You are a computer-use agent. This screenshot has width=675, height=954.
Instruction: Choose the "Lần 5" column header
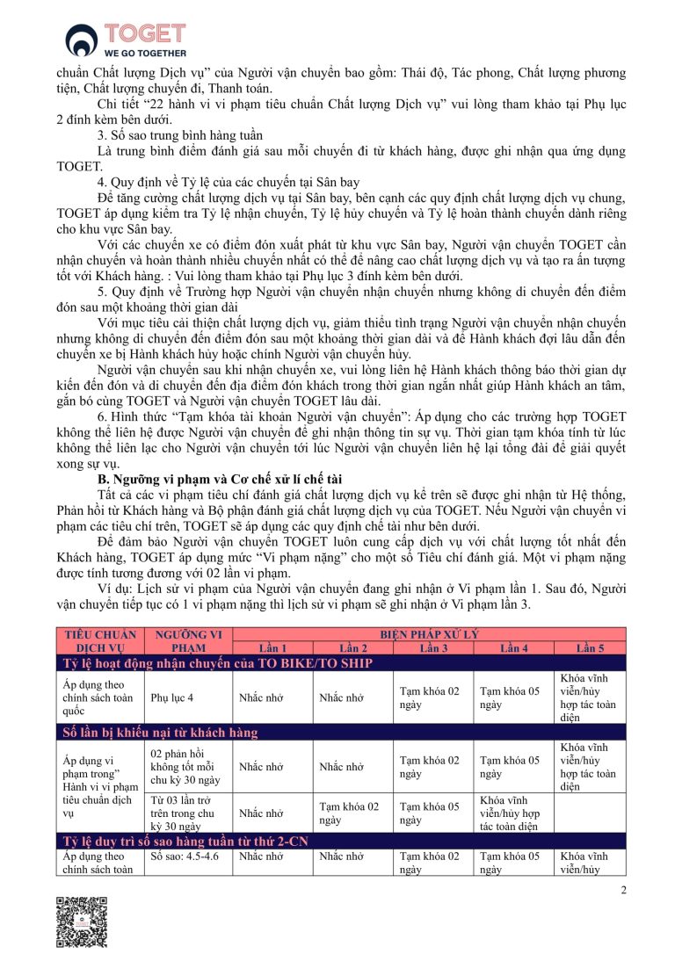pos(591,648)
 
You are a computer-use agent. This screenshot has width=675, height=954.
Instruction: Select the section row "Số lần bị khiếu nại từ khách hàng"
pos(174,732)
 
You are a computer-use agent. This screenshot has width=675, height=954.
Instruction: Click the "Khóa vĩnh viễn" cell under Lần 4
pos(514,813)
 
